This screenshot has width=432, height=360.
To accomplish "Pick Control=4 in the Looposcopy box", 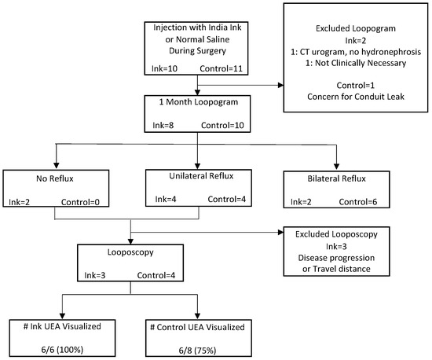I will coord(163,276).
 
